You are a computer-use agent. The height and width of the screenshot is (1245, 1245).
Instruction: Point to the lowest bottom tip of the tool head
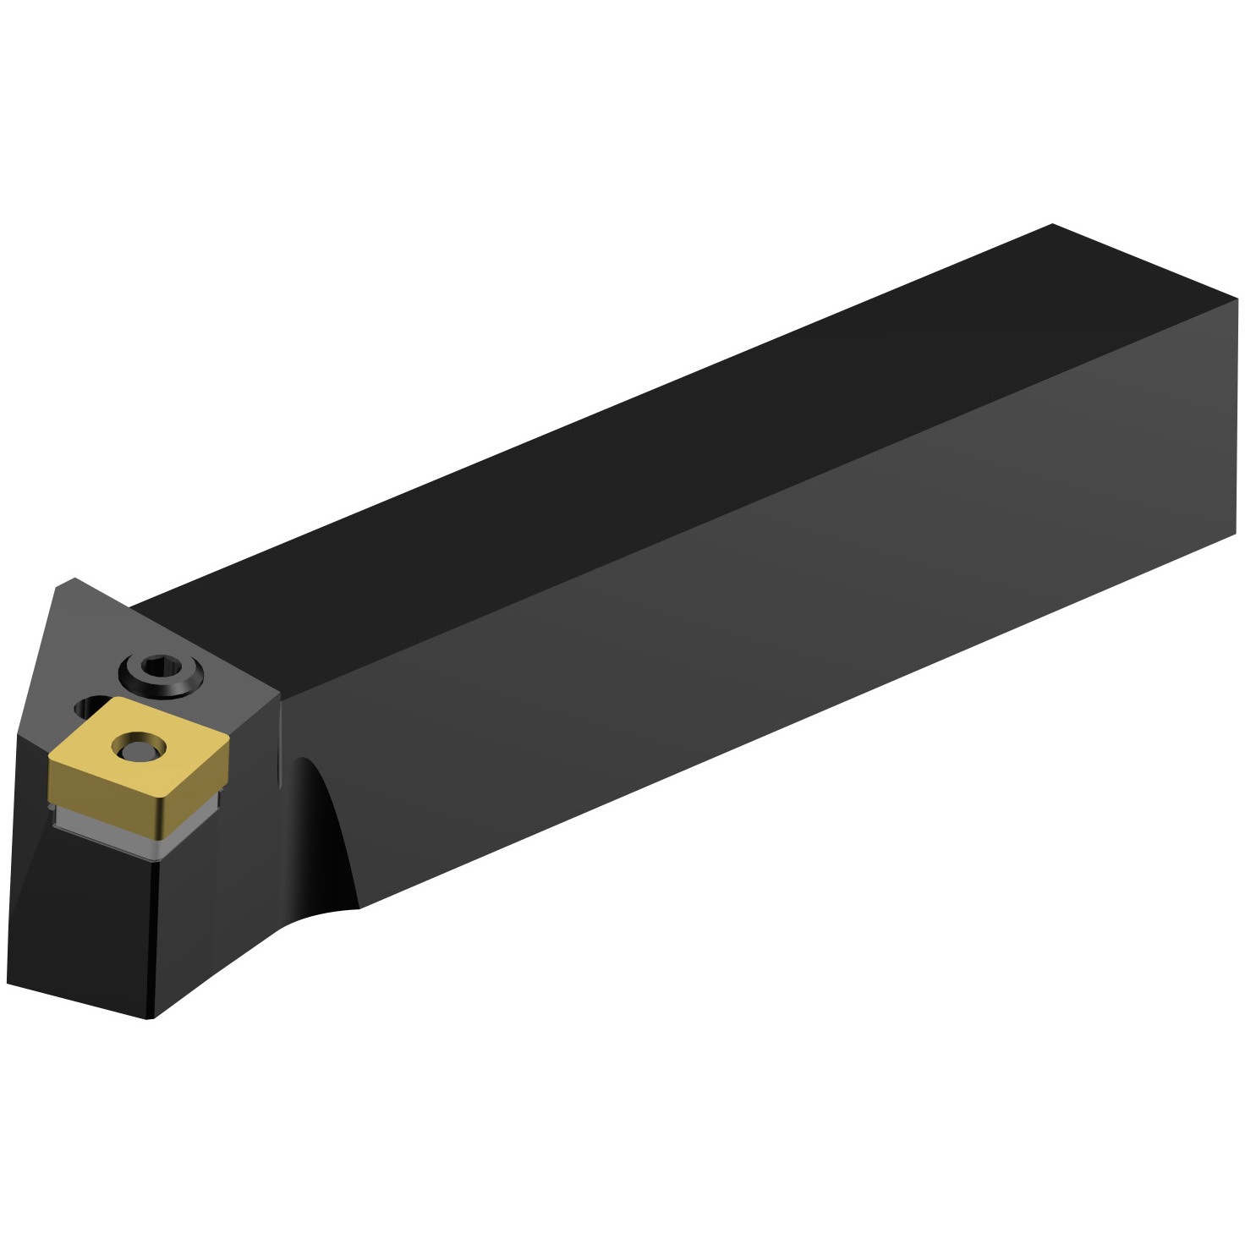tap(151, 1018)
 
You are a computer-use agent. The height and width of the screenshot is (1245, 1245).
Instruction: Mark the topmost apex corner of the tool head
tap(74, 579)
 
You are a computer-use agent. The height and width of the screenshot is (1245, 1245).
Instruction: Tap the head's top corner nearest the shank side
tap(279, 695)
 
